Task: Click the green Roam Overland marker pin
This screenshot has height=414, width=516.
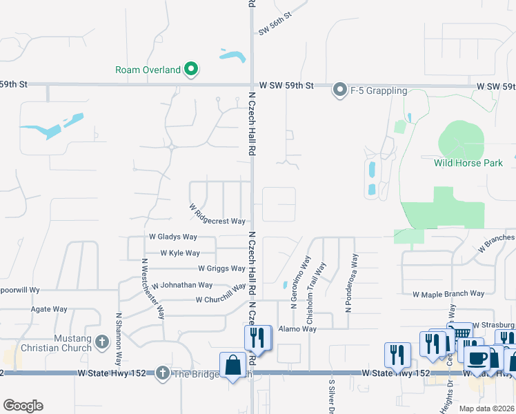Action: [x=192, y=69]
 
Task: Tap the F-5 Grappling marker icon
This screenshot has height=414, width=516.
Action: [x=339, y=90]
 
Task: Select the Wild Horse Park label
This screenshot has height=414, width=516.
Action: [x=468, y=164]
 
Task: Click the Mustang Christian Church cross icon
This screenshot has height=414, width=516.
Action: [x=102, y=342]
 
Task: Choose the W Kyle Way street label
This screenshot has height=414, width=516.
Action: [x=180, y=253]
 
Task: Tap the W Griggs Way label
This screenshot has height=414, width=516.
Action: [x=221, y=268]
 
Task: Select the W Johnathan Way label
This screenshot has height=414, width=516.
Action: [x=182, y=285]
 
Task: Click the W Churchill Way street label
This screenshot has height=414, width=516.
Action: [x=221, y=299]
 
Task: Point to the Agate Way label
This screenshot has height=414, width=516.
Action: [x=49, y=309]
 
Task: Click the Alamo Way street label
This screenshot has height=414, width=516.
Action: [x=299, y=329]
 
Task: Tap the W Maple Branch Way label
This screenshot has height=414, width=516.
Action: [x=448, y=294]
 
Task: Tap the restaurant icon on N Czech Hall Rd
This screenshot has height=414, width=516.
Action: [x=257, y=338]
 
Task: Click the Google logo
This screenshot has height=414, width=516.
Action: [x=23, y=406]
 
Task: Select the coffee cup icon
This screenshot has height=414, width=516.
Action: [x=477, y=358]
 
